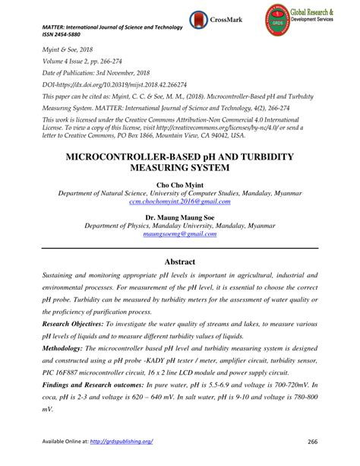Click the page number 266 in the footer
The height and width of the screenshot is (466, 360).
tap(312, 442)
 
